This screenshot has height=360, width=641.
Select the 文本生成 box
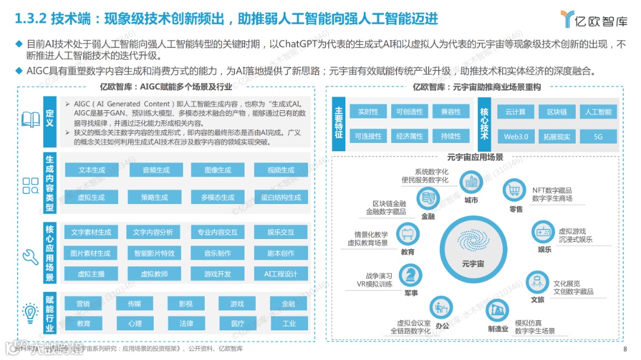[x=91, y=170]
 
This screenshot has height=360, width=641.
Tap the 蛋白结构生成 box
[x=281, y=197]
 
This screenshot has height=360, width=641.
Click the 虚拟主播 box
[x=91, y=274]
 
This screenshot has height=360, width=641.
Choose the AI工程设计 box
[x=281, y=274]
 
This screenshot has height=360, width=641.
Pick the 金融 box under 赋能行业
[x=288, y=304]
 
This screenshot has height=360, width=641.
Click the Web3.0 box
[x=516, y=136]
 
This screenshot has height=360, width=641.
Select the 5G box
[x=598, y=136]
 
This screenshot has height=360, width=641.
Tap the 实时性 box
[x=368, y=111]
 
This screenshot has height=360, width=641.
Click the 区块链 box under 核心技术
[x=557, y=111]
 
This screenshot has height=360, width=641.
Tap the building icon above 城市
[x=472, y=182]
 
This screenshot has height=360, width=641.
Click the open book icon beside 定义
[x=31, y=120]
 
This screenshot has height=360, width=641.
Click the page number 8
[x=625, y=349]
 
